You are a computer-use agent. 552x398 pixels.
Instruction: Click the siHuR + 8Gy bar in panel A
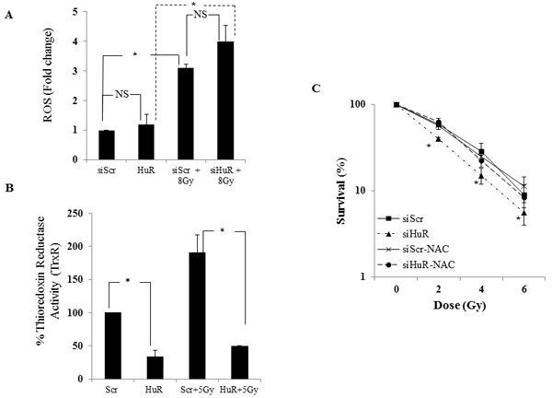coord(225,100)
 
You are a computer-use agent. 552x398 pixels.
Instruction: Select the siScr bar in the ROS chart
coord(107,145)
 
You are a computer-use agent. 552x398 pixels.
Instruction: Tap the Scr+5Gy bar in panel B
coord(197,315)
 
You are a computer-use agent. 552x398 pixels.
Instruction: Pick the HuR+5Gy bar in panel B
coord(240,362)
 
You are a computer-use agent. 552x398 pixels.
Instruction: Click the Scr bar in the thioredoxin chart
coord(113,345)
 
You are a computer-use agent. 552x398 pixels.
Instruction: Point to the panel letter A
coord(9,15)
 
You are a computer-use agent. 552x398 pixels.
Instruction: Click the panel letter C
coord(316,88)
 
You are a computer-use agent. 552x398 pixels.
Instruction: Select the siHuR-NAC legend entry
coord(417,264)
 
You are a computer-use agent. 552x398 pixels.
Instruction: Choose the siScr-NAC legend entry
coord(413,250)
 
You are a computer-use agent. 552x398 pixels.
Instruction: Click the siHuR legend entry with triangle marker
coord(404,234)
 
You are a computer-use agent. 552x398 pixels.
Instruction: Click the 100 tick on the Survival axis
coord(358,105)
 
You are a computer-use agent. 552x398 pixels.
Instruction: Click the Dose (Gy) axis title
coord(459,305)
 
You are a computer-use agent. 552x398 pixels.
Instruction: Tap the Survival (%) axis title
coord(340,191)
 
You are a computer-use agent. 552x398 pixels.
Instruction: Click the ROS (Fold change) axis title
coord(48,76)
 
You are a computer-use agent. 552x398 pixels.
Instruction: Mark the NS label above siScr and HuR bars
coord(121,94)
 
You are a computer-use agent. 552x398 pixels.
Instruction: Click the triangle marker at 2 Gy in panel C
coord(439,139)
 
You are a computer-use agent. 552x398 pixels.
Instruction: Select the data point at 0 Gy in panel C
coord(397,105)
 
